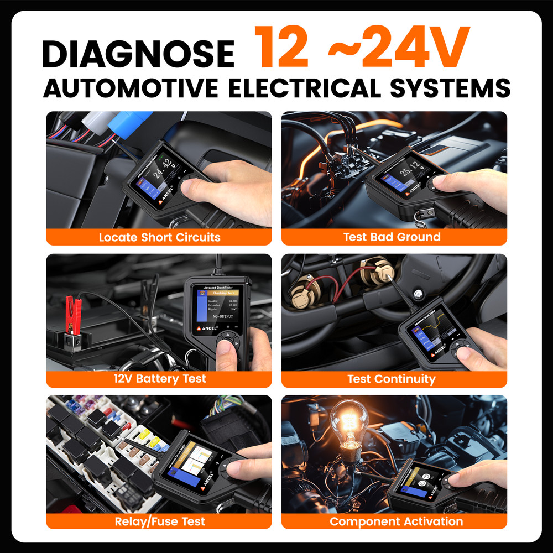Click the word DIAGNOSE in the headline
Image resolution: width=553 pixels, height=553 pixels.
click(x=138, y=54)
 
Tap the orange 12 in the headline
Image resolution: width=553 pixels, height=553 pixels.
click(x=282, y=49)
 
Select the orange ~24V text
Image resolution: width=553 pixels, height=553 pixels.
click(x=398, y=49)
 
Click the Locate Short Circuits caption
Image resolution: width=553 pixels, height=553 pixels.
click(x=159, y=237)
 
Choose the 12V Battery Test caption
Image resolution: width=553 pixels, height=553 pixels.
click(x=159, y=379)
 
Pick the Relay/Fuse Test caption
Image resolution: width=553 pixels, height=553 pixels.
click(x=159, y=521)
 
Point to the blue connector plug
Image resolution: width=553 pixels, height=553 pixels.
click(x=130, y=122)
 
